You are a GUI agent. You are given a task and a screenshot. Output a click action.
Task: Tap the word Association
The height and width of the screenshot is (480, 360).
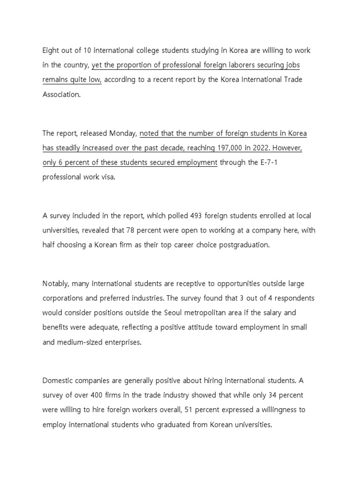click(x=61, y=94)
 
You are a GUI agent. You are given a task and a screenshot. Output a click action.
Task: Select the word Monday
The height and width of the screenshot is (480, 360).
click(x=123, y=134)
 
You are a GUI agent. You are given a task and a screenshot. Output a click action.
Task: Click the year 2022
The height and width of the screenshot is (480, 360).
click(x=262, y=148)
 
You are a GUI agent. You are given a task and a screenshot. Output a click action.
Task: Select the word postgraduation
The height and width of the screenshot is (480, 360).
click(x=246, y=245)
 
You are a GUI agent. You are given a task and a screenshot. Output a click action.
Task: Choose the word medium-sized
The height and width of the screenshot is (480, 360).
click(x=79, y=342)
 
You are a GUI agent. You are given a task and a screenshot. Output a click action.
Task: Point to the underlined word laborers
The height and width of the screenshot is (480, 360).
click(x=237, y=65)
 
